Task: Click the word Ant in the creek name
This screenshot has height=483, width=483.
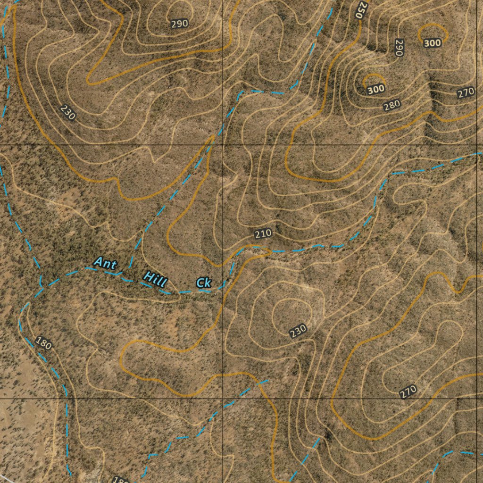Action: pos(105,263)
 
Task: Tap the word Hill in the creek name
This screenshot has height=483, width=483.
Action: pos(155,279)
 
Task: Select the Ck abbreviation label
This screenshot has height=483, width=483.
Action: pos(204,283)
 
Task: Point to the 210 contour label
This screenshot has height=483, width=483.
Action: pos(263,233)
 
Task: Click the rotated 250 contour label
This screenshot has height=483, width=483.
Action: pos(361,9)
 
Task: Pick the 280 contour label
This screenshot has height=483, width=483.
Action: pos(391,105)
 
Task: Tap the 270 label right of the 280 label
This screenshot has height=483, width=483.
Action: pos(466,93)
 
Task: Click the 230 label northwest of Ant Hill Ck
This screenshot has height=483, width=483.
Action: pos(68,113)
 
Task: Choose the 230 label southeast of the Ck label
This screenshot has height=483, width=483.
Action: pos(298,331)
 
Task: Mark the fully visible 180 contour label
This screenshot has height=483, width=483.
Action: pos(43,343)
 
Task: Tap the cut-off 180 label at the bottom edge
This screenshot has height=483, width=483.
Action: pos(121,480)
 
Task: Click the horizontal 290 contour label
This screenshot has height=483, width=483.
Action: pos(180,24)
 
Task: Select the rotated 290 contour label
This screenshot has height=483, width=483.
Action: pos(399,48)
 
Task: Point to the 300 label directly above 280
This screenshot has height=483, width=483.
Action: pos(376,89)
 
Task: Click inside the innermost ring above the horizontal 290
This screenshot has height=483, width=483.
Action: pos(178,10)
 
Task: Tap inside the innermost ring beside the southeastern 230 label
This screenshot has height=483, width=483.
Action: pos(291,312)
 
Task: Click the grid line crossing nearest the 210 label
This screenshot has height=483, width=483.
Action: pos(223,145)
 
